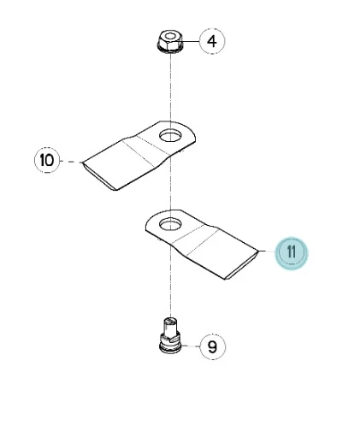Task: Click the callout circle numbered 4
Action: tap(212, 41)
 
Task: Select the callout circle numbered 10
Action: tap(47, 160)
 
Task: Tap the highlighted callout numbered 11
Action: tap(292, 253)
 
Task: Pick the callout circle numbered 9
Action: tap(213, 347)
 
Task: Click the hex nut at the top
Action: tap(170, 41)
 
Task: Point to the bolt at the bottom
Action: tap(170, 335)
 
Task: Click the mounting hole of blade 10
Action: tap(170, 135)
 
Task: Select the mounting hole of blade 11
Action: tap(170, 223)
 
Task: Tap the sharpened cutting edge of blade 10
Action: tap(98, 176)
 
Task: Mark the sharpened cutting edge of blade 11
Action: tap(243, 265)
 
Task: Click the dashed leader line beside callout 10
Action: tap(71, 162)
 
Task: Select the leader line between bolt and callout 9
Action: tap(191, 346)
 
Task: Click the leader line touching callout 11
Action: tap(267, 251)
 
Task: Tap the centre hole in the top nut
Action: tap(170, 36)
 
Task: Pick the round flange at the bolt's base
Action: tap(170, 347)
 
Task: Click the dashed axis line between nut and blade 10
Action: tap(170, 87)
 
